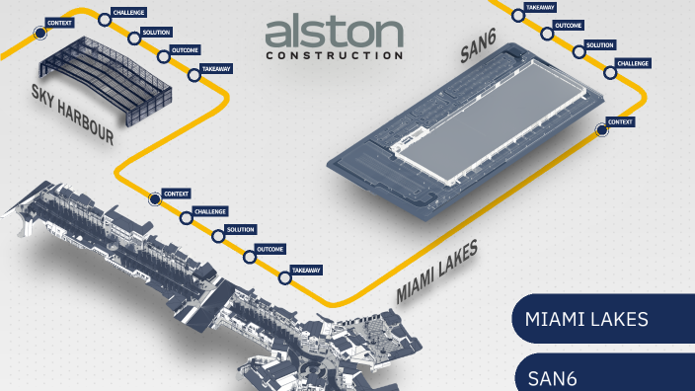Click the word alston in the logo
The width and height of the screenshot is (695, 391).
(x=334, y=33)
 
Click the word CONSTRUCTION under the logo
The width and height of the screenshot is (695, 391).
(x=334, y=56)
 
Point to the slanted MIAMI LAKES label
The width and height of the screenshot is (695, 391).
(x=436, y=274)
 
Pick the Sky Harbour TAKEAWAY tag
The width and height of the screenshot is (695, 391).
(x=216, y=69)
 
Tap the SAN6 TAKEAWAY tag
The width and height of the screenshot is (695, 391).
(x=539, y=7)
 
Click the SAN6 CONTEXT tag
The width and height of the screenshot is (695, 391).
(x=620, y=121)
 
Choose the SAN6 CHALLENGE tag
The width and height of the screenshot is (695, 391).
(x=632, y=63)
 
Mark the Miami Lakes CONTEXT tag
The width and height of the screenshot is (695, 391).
(x=176, y=194)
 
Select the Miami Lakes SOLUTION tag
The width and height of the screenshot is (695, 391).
(x=241, y=229)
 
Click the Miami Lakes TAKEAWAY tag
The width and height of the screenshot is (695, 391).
(x=306, y=271)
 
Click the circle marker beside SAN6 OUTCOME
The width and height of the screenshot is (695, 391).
(x=547, y=33)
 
